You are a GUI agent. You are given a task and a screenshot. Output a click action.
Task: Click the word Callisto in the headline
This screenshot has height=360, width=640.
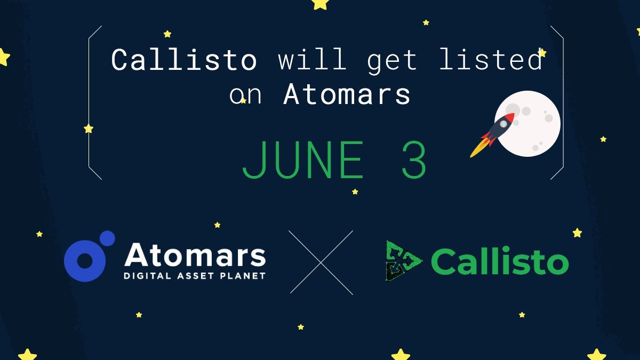click(x=184, y=60)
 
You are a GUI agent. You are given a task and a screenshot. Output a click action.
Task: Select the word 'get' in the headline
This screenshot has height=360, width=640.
click(x=391, y=62)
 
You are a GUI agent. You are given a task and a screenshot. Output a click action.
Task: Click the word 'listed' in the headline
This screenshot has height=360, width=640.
click(x=491, y=59)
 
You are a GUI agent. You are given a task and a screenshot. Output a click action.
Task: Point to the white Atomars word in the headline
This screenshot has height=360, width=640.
click(x=347, y=94)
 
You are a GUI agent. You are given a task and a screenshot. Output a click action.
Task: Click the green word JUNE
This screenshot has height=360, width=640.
click(x=303, y=159)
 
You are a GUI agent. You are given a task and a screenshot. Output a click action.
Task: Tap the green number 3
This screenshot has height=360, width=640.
click(x=414, y=159)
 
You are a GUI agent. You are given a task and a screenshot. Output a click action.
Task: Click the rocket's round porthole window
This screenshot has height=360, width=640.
click(x=503, y=124)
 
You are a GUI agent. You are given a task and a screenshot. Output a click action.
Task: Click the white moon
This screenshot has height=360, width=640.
click(x=529, y=124)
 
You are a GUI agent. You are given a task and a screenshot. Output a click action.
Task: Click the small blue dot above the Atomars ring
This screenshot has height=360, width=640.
click(x=107, y=239)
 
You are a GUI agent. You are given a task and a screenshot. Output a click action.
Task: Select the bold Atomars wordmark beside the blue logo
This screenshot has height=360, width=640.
click(x=195, y=254)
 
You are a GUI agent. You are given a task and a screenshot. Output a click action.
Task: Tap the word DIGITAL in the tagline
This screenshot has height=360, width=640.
click(x=147, y=276)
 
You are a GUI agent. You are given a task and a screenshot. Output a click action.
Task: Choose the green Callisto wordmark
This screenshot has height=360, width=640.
click(x=500, y=261)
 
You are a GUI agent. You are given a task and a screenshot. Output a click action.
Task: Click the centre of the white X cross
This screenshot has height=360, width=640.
click(x=321, y=262)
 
